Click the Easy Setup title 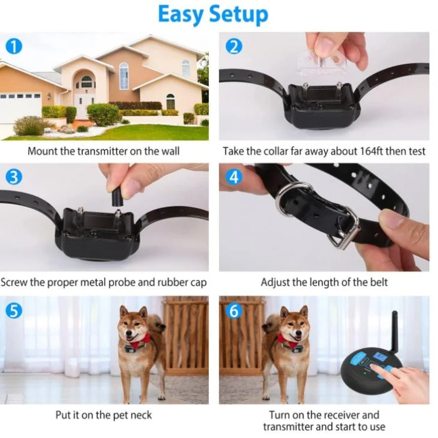pos(213,15)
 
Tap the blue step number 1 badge pos(14,46)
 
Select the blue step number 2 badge pos(234,47)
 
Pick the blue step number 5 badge pos(14,311)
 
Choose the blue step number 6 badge pos(234,311)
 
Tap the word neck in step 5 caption pos(141,415)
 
